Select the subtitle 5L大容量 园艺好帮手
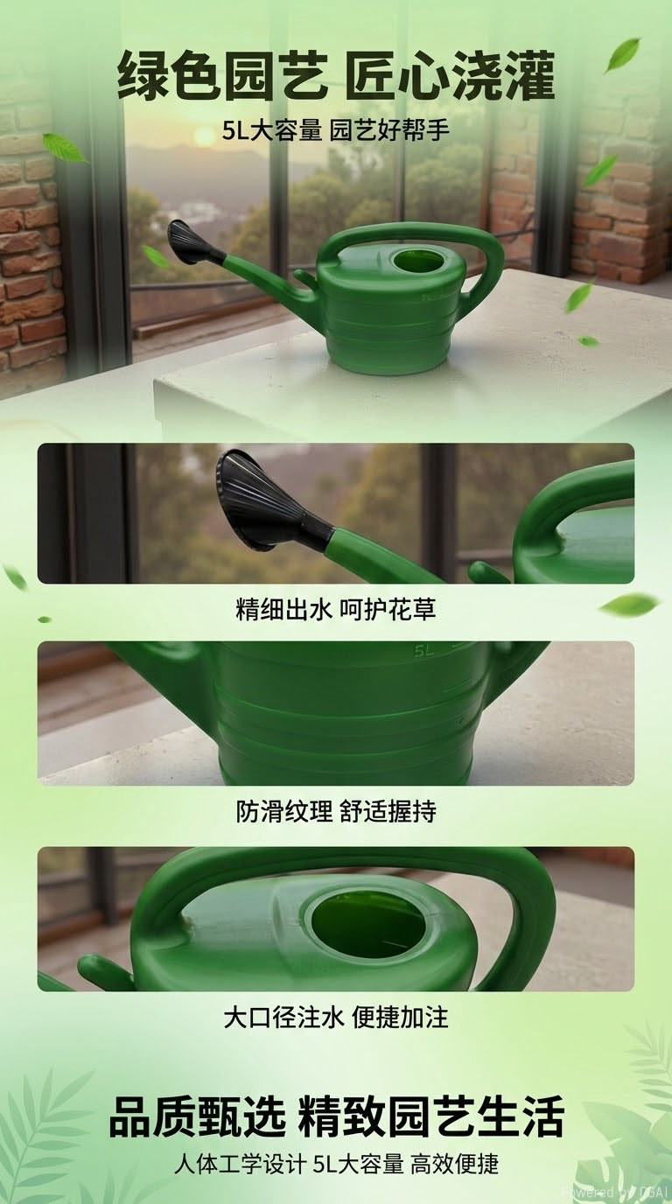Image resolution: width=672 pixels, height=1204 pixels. [x=336, y=134]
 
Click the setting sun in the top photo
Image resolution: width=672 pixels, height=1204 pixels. [x=204, y=136]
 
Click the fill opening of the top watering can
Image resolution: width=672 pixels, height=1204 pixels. [x=417, y=261]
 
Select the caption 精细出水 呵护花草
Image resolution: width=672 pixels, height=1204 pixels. [x=336, y=610]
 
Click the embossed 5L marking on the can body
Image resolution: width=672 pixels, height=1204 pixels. [x=425, y=651]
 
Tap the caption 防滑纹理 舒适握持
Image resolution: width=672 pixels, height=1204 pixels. [x=336, y=812]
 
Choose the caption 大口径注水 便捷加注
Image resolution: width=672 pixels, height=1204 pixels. [x=336, y=1018]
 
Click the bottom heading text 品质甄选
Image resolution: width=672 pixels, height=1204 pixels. [x=198, y=1117]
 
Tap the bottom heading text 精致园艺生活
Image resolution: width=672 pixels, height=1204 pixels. [x=431, y=1117]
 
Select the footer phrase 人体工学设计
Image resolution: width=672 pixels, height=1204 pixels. [x=238, y=1165]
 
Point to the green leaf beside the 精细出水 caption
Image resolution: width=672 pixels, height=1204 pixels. [x=629, y=604]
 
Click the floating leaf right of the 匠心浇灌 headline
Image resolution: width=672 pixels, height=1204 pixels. [x=622, y=54]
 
